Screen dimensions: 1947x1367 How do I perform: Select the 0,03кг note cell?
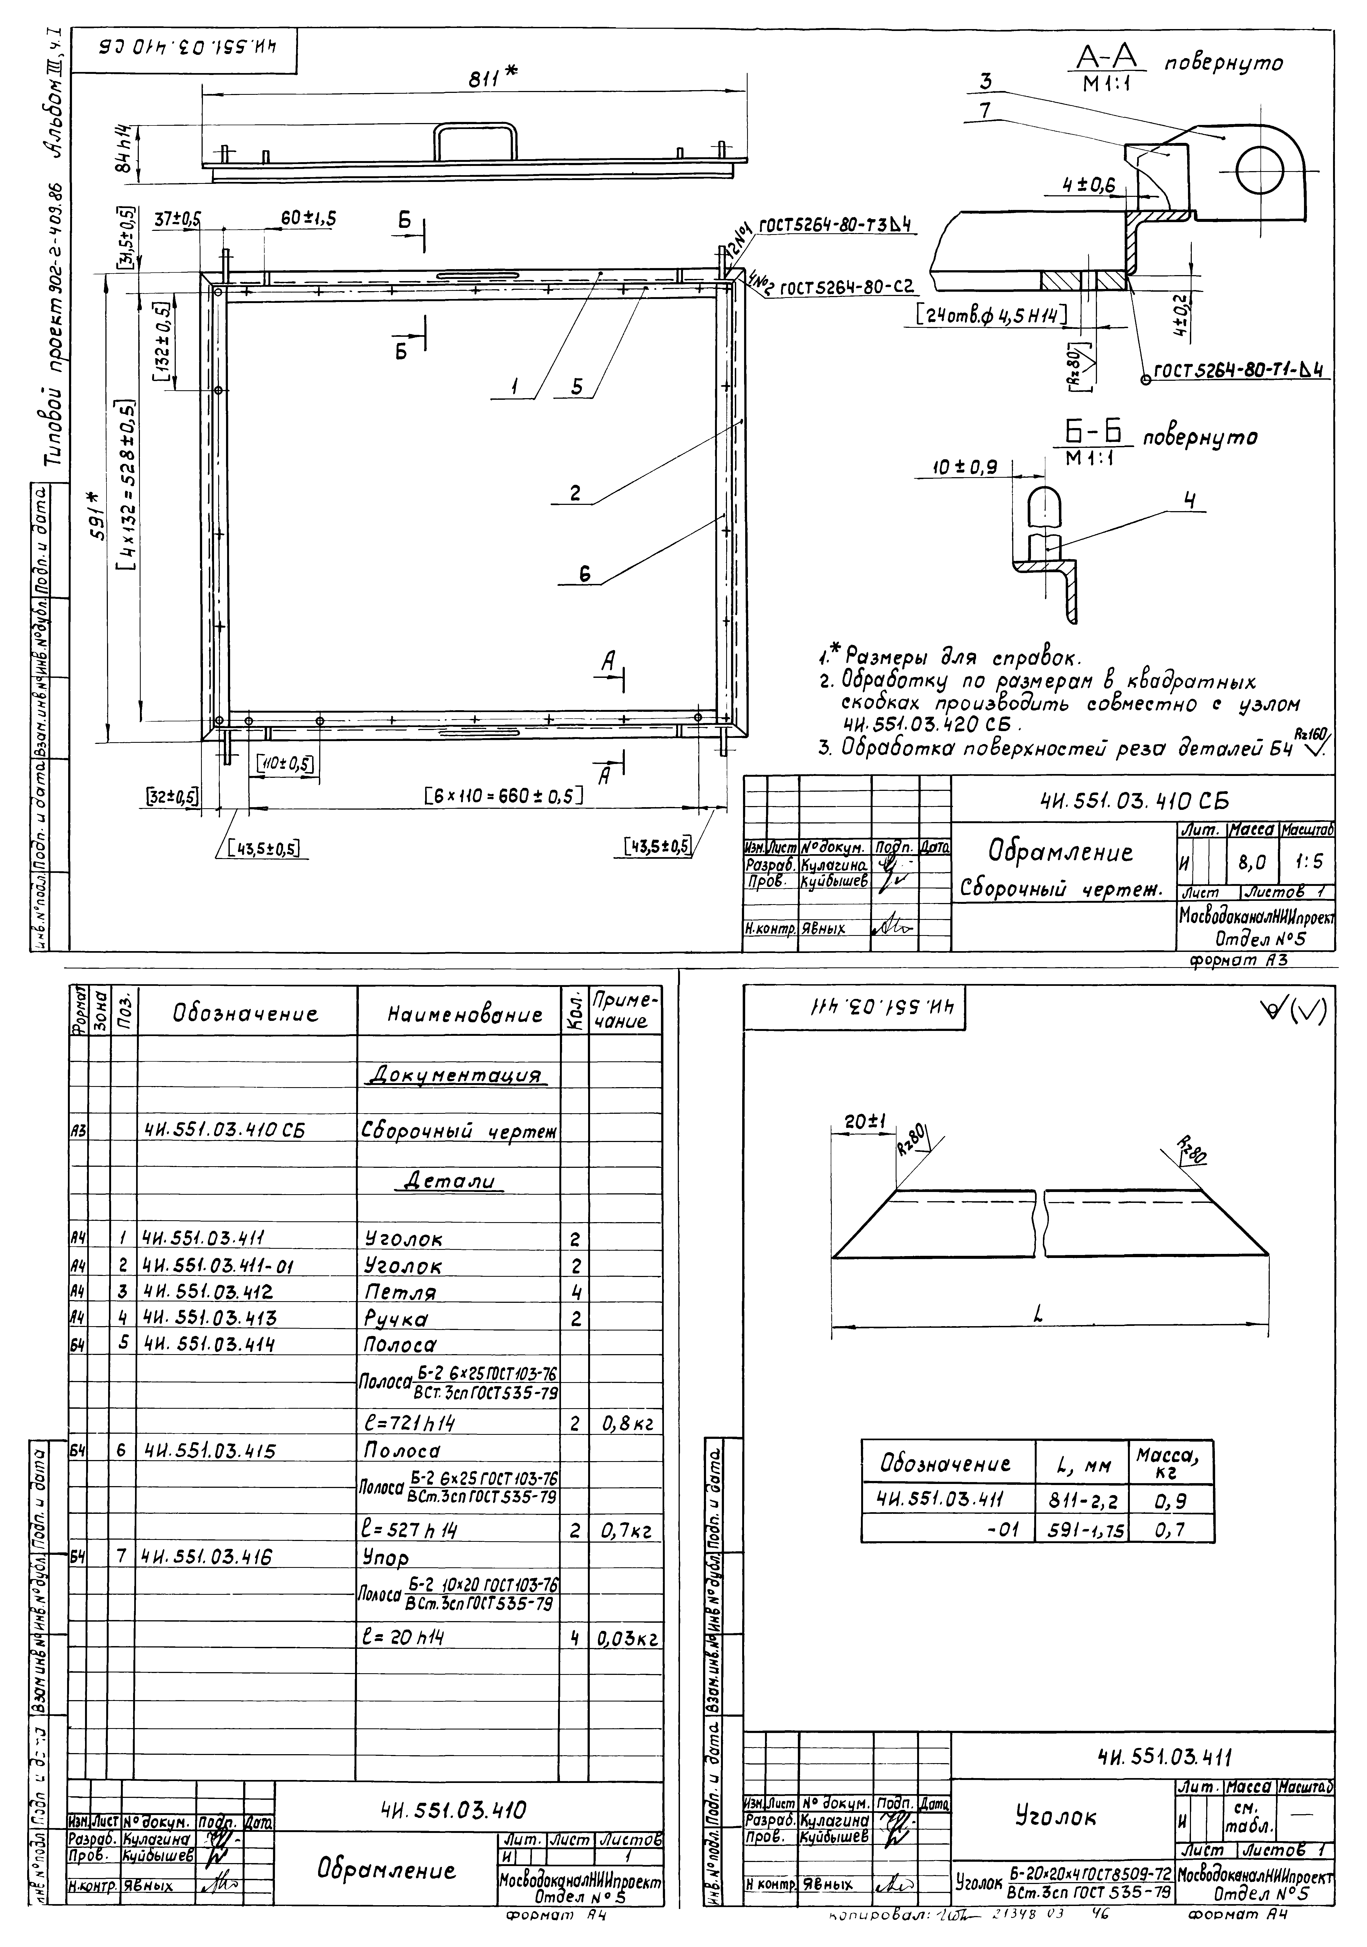tap(626, 1638)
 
